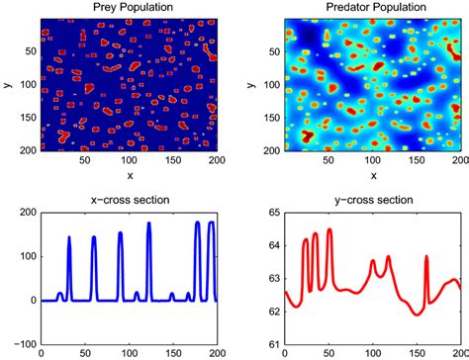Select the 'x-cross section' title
pyautogui.click(x=128, y=200)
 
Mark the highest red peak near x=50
pyautogui.click(x=329, y=230)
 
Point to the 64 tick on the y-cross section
pyautogui.click(x=272, y=245)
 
